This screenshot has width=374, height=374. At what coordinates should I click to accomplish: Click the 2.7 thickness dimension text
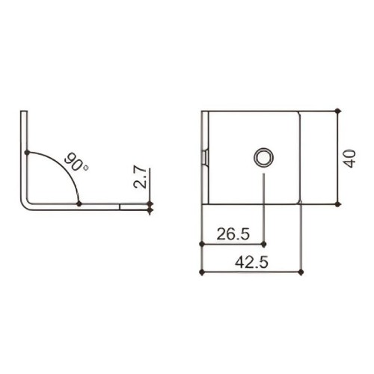pyautogui.click(x=140, y=177)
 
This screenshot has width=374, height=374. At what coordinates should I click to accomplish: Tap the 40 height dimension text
pyautogui.click(x=350, y=159)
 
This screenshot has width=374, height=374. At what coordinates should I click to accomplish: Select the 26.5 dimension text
pyautogui.click(x=233, y=234)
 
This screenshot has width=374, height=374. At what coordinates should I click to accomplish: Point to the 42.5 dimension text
pyautogui.click(x=251, y=262)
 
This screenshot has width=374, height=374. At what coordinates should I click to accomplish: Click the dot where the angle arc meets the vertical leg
pyautogui.click(x=27, y=153)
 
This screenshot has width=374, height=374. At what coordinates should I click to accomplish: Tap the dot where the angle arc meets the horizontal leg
pyautogui.click(x=79, y=203)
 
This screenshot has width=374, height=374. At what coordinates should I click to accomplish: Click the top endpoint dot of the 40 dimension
pyautogui.click(x=337, y=111)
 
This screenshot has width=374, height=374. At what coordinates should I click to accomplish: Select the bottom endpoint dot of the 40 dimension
pyautogui.click(x=337, y=204)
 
